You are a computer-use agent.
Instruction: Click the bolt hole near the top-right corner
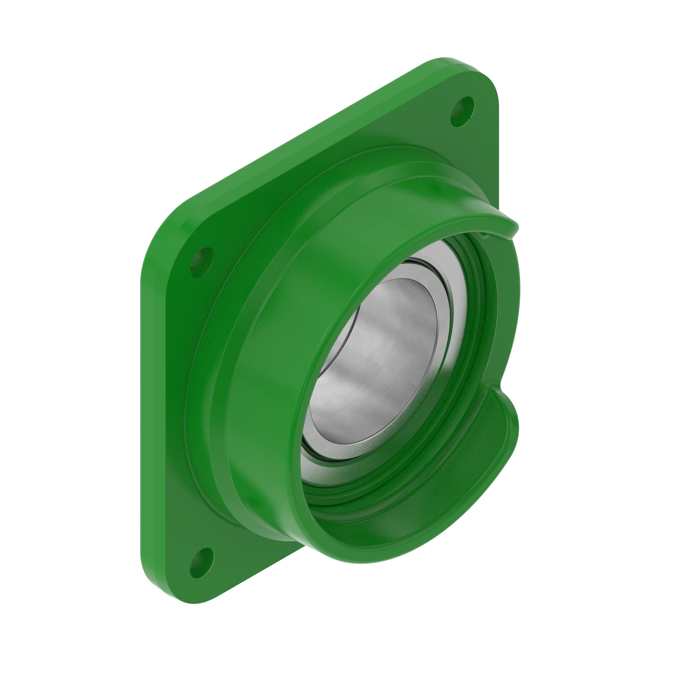coord(462,112)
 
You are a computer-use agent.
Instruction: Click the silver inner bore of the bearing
coord(373,359)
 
